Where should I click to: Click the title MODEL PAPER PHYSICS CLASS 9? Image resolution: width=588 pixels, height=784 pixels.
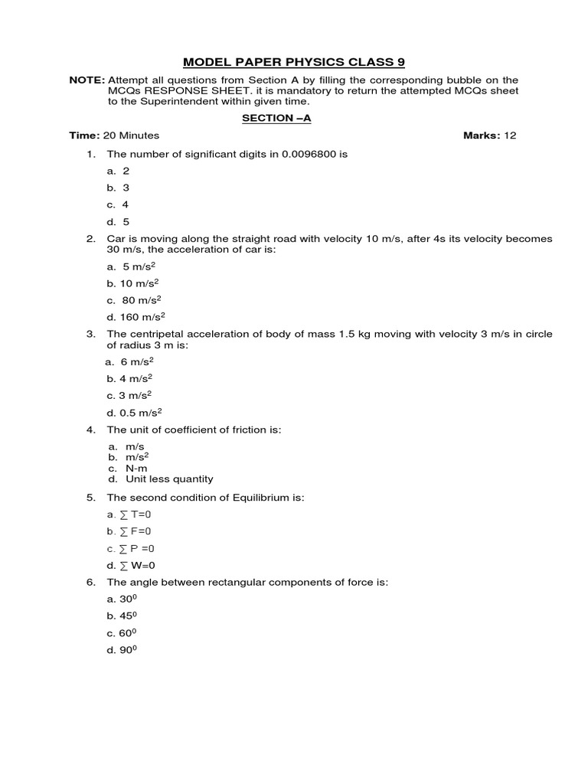[293, 62]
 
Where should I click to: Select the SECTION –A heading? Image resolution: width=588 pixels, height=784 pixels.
[276, 118]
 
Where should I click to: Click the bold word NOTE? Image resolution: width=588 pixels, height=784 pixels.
[87, 80]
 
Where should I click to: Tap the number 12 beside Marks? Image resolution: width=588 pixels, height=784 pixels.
[509, 136]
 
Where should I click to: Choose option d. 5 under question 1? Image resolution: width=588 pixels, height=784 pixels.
[119, 222]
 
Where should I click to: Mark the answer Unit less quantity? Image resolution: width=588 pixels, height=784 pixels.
[169, 479]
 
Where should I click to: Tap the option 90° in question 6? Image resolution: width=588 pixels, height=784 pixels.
[127, 651]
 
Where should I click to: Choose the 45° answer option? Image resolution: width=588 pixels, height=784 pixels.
[127, 616]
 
